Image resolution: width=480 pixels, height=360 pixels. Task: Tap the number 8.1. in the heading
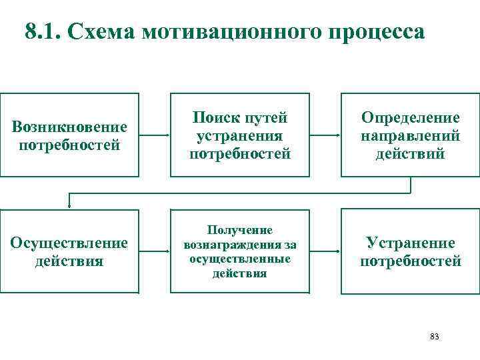click(43, 31)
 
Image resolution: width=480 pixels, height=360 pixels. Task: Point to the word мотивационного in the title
click(231, 31)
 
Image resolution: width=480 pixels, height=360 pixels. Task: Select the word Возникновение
click(69, 127)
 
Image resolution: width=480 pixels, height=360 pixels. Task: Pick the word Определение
click(410, 118)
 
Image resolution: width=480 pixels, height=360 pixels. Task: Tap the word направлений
click(410, 136)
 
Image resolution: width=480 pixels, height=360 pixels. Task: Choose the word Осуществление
click(69, 243)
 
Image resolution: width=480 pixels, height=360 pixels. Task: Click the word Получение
click(239, 230)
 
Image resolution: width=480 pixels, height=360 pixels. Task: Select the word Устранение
click(410, 243)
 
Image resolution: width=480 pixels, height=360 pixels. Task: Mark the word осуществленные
click(239, 259)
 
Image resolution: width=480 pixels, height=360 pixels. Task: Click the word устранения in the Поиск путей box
click(239, 136)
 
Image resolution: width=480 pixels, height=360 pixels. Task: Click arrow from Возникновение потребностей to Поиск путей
click(154, 135)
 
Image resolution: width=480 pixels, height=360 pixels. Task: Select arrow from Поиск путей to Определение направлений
click(325, 135)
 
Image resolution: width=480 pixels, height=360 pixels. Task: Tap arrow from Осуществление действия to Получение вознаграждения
click(154, 251)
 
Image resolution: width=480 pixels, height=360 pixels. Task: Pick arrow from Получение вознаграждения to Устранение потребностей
click(325, 251)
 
